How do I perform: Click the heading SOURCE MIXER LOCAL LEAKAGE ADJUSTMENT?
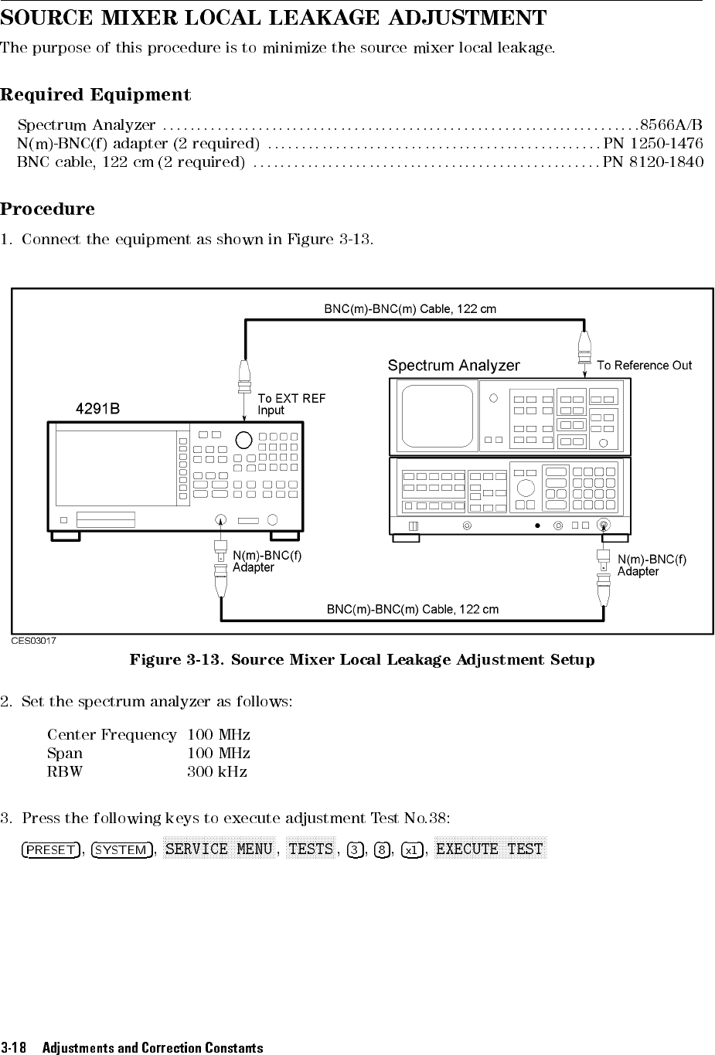point(274,18)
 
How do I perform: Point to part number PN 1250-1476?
point(653,144)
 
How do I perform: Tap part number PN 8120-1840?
point(653,162)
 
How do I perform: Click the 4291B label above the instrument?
point(97,408)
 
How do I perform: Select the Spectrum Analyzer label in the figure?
point(454,366)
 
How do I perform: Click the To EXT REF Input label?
point(291,404)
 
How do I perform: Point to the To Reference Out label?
point(644,366)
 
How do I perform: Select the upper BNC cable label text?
point(410,309)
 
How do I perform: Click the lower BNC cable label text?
point(413,609)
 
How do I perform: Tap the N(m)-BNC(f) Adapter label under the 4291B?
point(267,561)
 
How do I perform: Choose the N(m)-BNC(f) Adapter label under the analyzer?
point(652,565)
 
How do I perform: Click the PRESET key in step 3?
point(51,850)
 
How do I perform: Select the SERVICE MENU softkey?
point(220,849)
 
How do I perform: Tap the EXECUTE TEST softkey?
point(490,849)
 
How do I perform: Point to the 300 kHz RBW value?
point(217,771)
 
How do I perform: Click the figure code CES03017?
point(33,640)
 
